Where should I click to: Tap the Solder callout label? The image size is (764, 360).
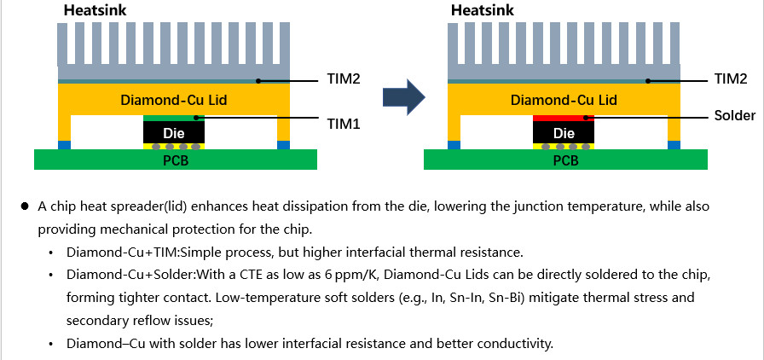pos(734,116)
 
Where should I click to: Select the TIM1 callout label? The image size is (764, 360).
pos(344,124)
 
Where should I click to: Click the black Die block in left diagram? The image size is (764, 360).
pos(174,133)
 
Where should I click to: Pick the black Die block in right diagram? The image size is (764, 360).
pos(564,133)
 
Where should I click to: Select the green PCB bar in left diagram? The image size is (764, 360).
pos(175,160)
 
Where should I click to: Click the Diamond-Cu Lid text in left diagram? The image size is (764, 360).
pos(173,100)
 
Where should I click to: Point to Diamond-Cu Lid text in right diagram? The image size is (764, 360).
pos(564,100)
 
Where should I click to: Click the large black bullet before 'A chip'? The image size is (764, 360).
pos(26,207)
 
